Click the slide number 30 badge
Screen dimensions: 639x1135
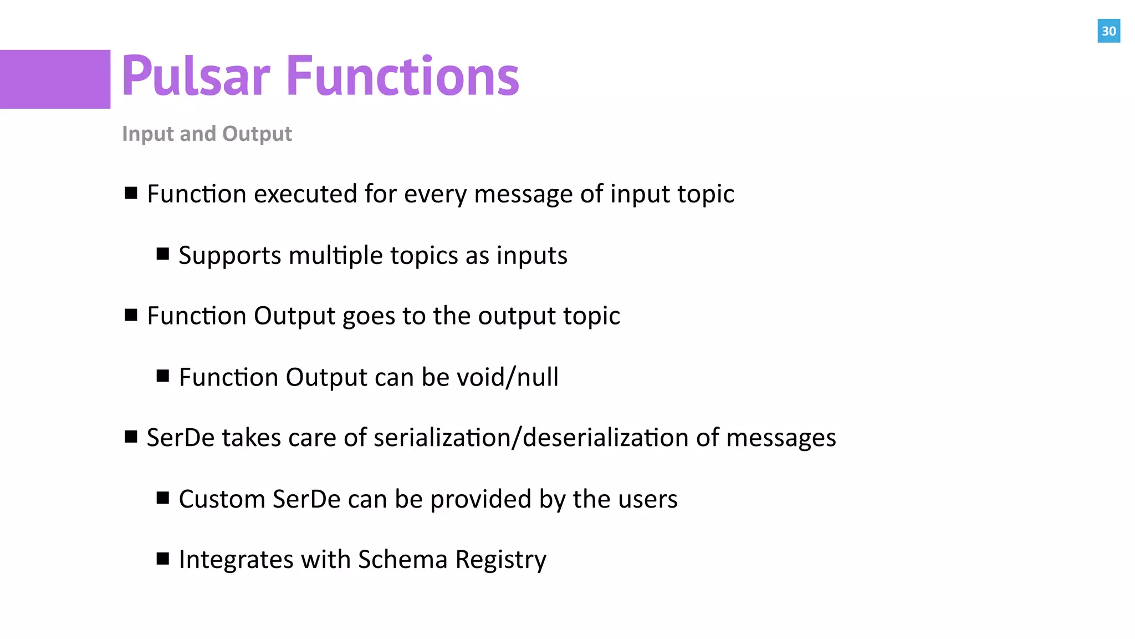tap(1108, 31)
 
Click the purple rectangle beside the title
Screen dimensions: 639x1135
tap(55, 79)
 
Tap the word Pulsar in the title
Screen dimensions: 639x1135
tap(196, 76)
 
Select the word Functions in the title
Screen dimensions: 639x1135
tap(403, 76)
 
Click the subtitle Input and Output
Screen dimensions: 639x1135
tap(207, 134)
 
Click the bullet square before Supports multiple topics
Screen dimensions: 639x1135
tap(162, 254)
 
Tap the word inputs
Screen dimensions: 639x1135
tap(531, 256)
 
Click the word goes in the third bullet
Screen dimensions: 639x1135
tap(369, 316)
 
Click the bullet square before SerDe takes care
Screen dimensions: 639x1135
tap(131, 437)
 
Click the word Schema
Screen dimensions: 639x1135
tap(402, 559)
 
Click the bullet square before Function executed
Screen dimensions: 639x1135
tap(131, 193)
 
